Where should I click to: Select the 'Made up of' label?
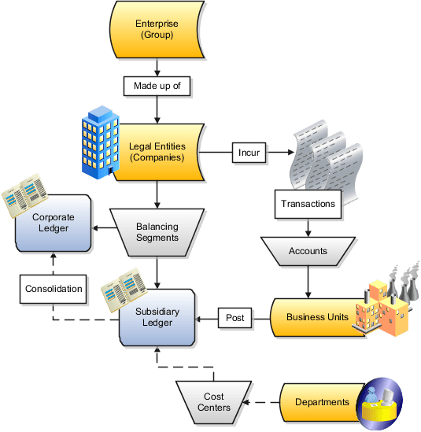tap(157, 85)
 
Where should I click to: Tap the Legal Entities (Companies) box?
tap(157, 151)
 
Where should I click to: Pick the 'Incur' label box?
tap(249, 151)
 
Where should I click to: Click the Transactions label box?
tap(308, 204)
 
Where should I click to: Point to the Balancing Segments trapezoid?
tap(157, 231)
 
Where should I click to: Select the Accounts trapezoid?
tap(308, 253)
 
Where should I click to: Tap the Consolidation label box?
tap(52, 289)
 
